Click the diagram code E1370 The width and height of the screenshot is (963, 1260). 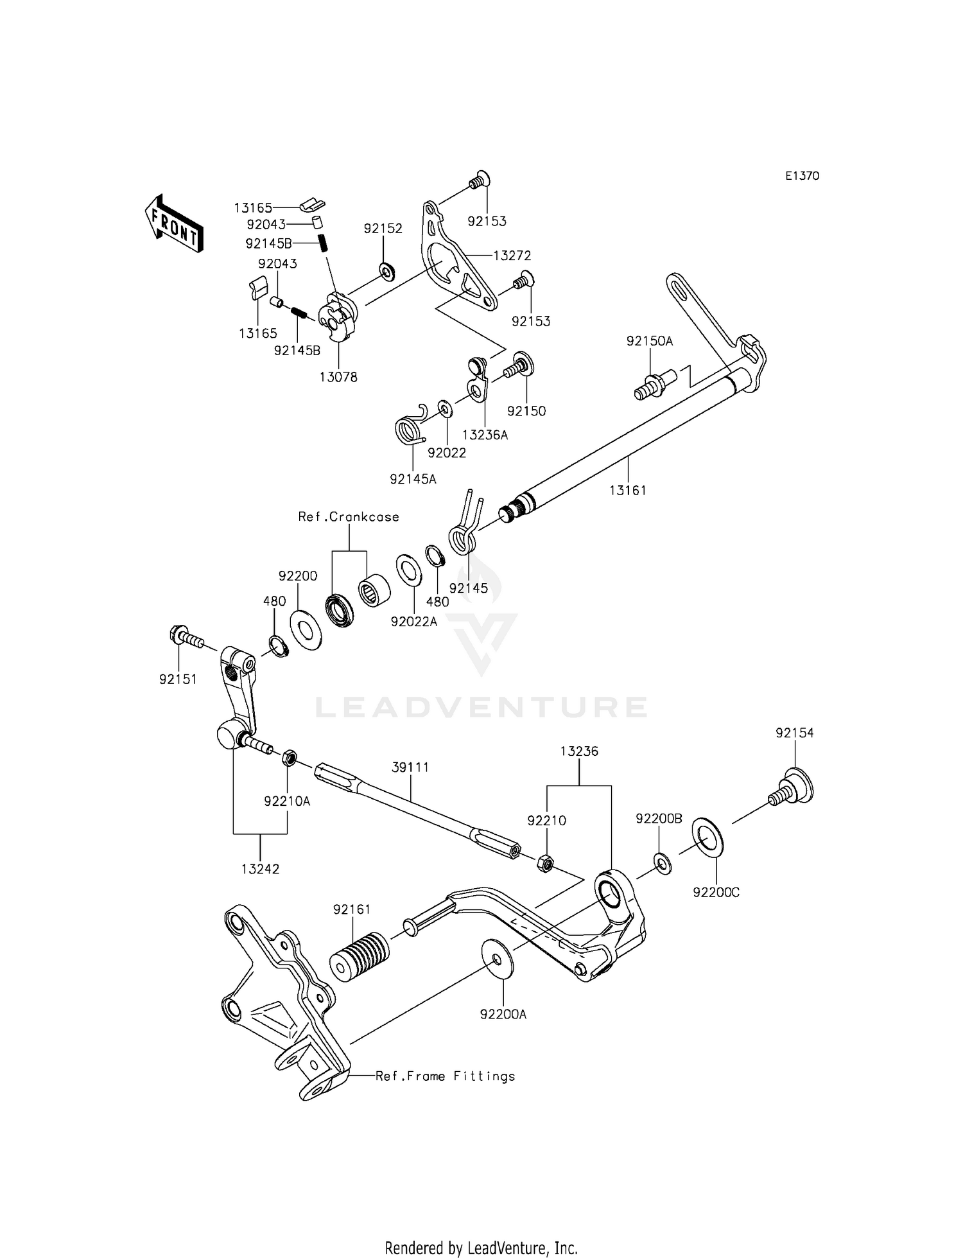coord(802,176)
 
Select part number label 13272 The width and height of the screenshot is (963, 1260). coord(512,256)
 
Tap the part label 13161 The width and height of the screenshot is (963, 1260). coord(627,490)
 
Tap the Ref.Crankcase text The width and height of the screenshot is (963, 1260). coord(349,517)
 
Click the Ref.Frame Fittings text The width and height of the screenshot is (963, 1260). coord(445,1076)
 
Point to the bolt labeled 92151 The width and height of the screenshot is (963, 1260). coord(186,639)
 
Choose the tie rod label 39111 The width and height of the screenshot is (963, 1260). coord(411,767)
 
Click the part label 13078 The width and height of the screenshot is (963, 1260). coord(338,377)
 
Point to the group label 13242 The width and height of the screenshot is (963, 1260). coord(260,869)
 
